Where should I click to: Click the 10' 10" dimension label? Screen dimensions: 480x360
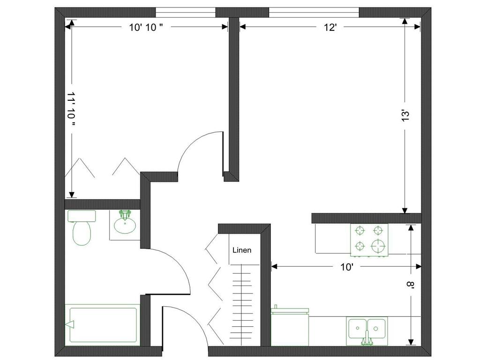(x=146, y=28)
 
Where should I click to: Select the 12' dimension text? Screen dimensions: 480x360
(x=330, y=28)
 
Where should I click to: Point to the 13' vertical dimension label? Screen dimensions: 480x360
(x=405, y=116)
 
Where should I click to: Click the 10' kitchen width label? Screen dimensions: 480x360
(x=347, y=267)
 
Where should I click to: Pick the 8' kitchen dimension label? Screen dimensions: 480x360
(x=410, y=285)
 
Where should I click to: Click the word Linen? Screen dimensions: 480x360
(x=242, y=250)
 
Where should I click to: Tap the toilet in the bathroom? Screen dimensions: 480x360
(x=82, y=228)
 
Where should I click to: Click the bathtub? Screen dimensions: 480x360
(x=103, y=325)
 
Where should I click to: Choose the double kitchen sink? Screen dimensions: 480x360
(x=367, y=330)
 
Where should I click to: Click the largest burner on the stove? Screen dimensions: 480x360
(x=378, y=246)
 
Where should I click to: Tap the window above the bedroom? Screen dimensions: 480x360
(x=186, y=13)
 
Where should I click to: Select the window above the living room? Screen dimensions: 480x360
(x=314, y=13)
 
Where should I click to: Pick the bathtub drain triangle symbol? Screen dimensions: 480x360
(x=70, y=324)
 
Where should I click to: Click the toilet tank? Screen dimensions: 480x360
(x=82, y=216)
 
